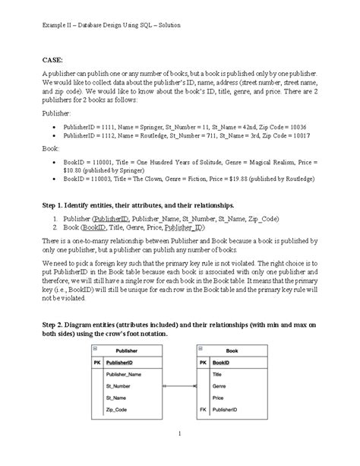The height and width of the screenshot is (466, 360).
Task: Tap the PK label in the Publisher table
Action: (x=96, y=363)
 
